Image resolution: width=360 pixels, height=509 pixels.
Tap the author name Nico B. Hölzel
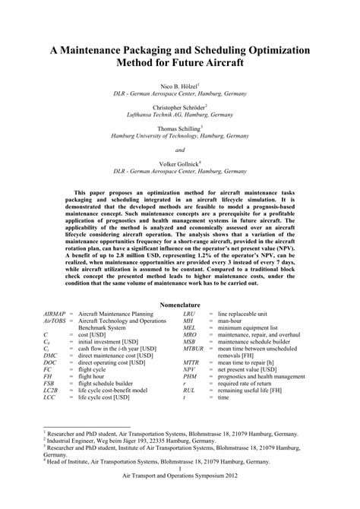[x=178, y=88]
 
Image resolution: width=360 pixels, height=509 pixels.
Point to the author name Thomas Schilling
[x=178, y=129]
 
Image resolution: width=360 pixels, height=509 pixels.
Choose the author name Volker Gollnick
[x=178, y=163]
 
